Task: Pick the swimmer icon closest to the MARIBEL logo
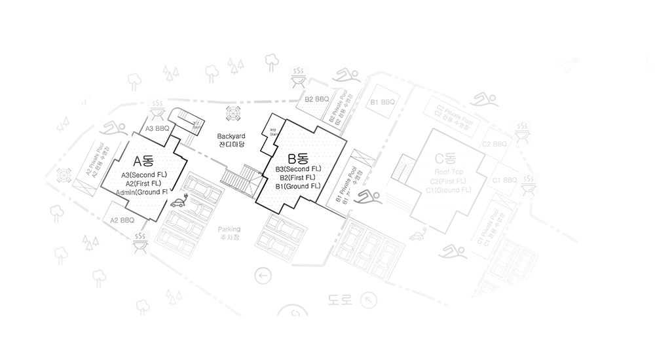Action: tap(485, 101)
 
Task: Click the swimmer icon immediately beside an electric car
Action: tap(455, 250)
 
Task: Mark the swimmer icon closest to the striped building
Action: tap(369, 194)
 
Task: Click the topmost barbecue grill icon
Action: tap(299, 77)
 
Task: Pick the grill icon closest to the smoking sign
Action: tap(140, 242)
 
